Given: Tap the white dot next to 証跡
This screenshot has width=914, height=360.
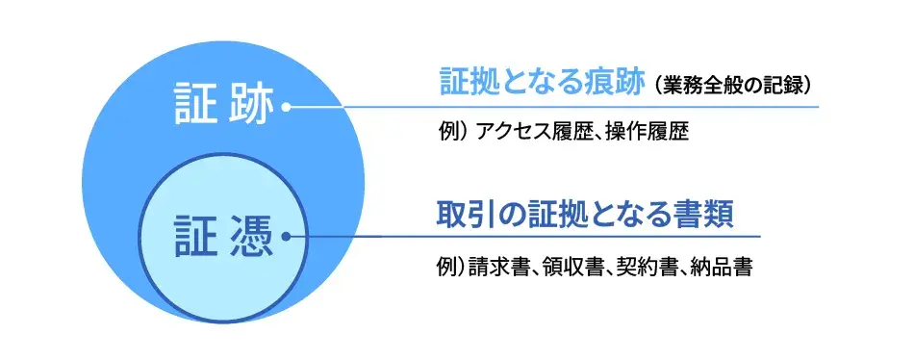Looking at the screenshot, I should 287,108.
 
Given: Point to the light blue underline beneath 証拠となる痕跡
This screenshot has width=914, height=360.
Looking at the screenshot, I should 625,107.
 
